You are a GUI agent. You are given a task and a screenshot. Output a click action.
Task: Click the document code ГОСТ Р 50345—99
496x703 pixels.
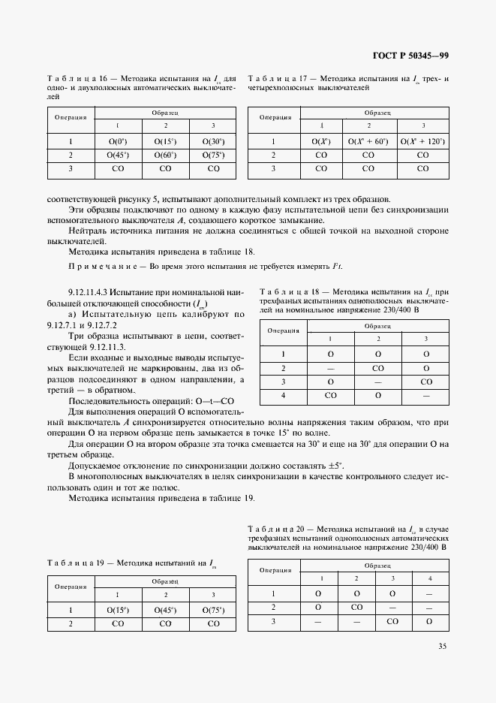[409, 56]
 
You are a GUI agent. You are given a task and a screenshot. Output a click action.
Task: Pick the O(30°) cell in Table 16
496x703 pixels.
[213, 140]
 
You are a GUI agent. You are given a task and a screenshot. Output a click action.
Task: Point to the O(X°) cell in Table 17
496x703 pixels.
[321, 140]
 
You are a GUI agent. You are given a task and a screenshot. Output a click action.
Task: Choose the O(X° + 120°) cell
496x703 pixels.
[422, 140]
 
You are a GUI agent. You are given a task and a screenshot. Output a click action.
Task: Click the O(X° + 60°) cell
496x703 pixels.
[368, 140]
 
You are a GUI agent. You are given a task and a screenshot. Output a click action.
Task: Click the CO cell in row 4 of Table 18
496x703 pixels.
[330, 394]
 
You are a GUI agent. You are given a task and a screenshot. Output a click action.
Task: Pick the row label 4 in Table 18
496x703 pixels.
[284, 394]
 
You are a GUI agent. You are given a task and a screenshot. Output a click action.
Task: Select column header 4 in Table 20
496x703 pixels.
[429, 578]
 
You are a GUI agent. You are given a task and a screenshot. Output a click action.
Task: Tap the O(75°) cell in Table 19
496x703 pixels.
[213, 609]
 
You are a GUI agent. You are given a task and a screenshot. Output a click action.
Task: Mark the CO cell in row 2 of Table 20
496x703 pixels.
[356, 607]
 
